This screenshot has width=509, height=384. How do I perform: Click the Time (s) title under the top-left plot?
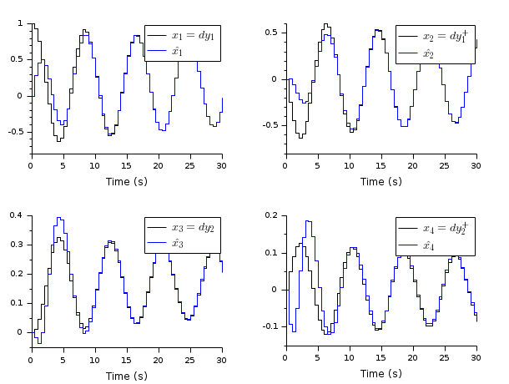pos(127,181)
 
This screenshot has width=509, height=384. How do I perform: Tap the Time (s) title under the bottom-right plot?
pos(380,374)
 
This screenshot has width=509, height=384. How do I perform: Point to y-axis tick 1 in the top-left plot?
pos(23,23)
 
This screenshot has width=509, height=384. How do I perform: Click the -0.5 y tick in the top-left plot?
pos(17,132)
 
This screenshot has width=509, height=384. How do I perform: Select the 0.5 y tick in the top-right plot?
pos(272,33)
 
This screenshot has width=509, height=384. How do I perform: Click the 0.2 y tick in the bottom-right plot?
pos(272,215)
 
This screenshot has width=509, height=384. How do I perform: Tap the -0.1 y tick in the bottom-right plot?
pos(270,326)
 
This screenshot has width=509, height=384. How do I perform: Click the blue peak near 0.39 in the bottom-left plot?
pos(59,218)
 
